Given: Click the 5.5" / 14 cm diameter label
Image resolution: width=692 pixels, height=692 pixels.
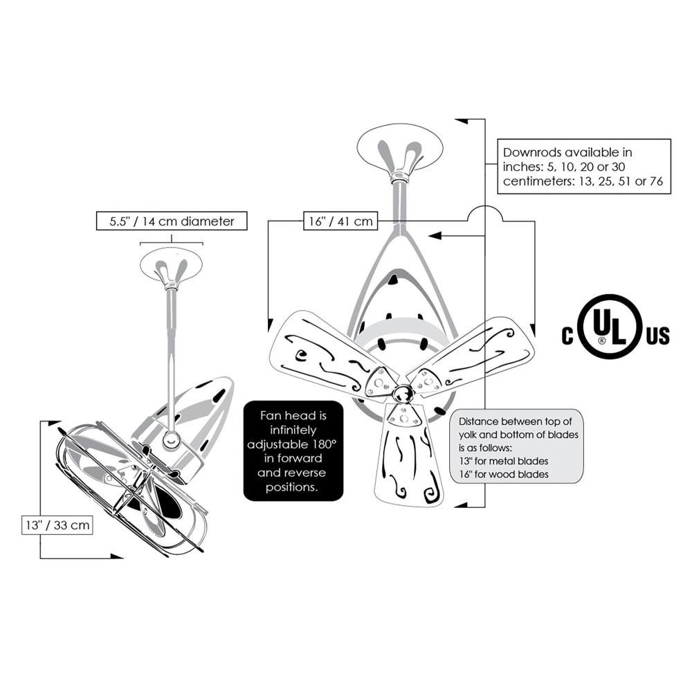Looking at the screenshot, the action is [x=172, y=221].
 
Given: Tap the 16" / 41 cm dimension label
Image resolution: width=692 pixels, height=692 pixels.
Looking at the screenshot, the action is [x=340, y=221].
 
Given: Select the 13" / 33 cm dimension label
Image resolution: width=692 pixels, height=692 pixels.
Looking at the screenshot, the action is [x=57, y=525].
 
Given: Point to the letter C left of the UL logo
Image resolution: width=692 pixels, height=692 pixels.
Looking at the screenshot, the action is [x=567, y=336].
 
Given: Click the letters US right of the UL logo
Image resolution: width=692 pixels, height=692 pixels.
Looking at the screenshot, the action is [x=658, y=336].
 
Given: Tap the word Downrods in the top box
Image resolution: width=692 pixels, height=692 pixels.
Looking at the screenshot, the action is [x=531, y=153].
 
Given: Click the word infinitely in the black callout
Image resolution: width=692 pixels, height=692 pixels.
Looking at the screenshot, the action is [x=293, y=430].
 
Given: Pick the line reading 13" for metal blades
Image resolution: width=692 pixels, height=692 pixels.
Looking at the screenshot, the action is [x=504, y=461].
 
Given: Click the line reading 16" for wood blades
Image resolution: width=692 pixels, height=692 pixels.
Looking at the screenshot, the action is [x=504, y=475].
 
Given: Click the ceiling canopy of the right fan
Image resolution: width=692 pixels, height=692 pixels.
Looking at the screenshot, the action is [x=400, y=150].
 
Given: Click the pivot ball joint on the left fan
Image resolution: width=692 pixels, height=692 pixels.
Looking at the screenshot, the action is [x=171, y=440].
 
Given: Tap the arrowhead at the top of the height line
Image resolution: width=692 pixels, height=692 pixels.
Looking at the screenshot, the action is [x=462, y=120].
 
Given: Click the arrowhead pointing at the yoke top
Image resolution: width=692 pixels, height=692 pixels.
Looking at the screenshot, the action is [x=435, y=236].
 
